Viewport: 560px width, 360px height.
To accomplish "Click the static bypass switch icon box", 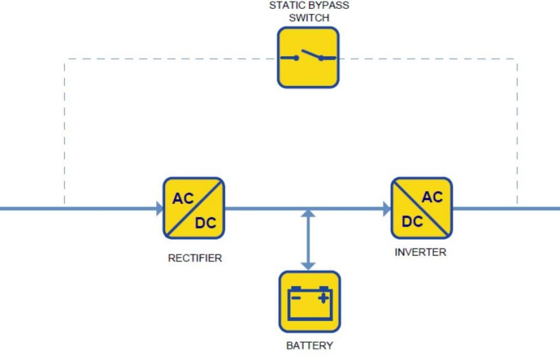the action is click(x=308, y=57).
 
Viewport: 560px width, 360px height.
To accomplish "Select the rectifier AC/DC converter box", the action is click(x=194, y=208).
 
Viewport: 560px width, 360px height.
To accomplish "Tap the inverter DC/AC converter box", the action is click(x=422, y=208).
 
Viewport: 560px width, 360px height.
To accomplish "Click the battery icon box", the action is click(x=310, y=302).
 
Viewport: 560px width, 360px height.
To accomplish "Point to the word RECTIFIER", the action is click(x=195, y=258).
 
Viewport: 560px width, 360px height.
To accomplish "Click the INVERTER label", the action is click(x=420, y=252).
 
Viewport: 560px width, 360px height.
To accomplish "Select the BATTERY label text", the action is click(x=310, y=345).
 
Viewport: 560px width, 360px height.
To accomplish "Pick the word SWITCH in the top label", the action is click(x=309, y=18).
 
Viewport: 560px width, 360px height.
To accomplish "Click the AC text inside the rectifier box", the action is click(x=183, y=198).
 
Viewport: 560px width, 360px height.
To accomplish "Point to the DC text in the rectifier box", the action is click(x=206, y=223).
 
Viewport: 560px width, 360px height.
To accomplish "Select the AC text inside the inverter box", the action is click(x=432, y=197).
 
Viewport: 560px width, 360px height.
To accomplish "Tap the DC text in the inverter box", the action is click(x=412, y=222).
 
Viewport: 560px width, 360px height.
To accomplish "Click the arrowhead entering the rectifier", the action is click(x=160, y=208).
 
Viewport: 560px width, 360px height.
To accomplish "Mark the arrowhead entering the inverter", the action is click(x=387, y=208).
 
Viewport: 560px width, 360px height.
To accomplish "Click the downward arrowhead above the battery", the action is click(x=308, y=266).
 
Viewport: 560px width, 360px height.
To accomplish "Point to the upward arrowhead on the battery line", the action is click(x=308, y=213).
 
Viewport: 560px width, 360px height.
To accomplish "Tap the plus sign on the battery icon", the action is click(x=323, y=298).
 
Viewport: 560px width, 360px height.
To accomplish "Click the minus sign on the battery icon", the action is click(x=296, y=298).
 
